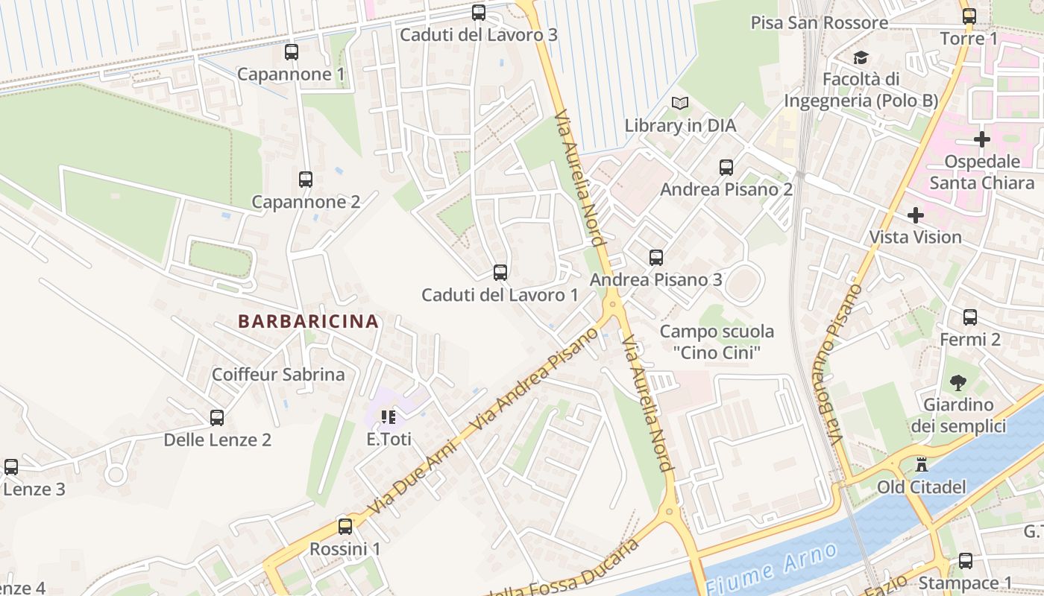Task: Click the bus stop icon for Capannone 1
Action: (291, 52)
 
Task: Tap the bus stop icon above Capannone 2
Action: (305, 180)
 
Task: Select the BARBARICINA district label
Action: (308, 322)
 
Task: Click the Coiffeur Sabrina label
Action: (278, 374)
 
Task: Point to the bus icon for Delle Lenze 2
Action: (217, 418)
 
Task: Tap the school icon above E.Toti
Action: (388, 417)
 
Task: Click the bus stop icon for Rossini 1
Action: (345, 527)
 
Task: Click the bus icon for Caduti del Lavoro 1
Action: (500, 273)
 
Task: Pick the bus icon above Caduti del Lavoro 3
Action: (478, 13)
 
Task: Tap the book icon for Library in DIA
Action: (679, 104)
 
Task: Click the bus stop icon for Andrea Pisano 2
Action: (726, 168)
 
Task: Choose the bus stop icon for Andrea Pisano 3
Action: (655, 258)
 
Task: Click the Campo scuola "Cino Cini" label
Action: (717, 342)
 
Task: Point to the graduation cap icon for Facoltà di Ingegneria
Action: (861, 57)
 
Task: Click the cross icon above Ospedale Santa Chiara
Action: (981, 139)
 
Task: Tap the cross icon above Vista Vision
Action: (915, 215)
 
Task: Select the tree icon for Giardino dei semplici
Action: (957, 383)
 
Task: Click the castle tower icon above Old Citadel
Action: (922, 465)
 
